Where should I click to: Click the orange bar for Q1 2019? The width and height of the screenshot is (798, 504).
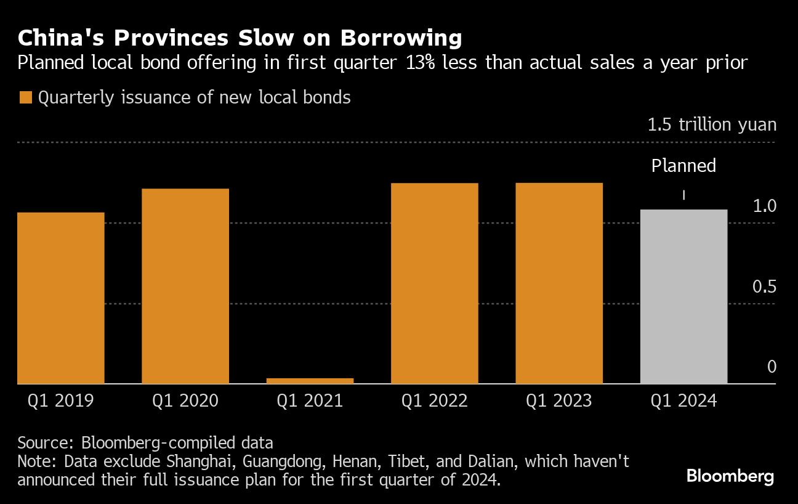(61, 298)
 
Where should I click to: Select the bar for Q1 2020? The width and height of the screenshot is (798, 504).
(185, 287)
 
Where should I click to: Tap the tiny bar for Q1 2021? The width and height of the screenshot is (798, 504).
(310, 381)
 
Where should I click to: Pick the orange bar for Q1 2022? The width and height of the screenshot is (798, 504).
(435, 283)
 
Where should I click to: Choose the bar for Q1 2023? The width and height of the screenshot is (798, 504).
(559, 283)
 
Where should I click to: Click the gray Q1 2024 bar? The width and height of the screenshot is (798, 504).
(683, 297)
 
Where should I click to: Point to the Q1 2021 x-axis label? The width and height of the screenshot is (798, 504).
(310, 401)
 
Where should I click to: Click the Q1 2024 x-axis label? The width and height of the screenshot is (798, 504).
(683, 401)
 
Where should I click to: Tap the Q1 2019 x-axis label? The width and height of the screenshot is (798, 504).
(61, 401)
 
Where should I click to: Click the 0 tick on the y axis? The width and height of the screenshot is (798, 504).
(772, 367)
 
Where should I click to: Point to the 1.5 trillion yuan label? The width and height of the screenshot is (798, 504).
(712, 125)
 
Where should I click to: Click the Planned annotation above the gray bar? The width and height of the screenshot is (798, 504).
(683, 166)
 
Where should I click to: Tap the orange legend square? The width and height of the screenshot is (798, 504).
(25, 98)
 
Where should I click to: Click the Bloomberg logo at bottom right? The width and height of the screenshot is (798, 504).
(730, 476)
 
